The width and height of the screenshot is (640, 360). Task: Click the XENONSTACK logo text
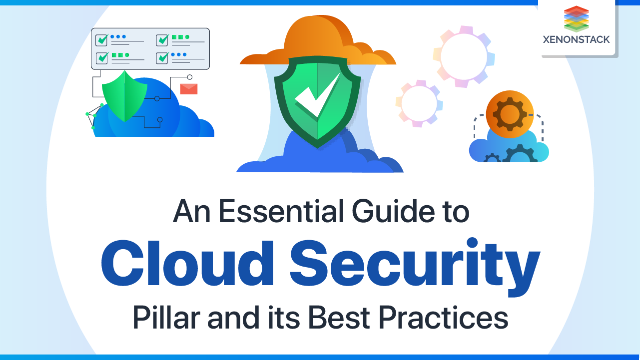(576, 39)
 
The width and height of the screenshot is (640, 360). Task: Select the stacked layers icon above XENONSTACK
(576, 19)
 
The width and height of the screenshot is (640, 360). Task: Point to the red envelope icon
(189, 89)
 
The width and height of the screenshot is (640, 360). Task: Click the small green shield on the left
(124, 95)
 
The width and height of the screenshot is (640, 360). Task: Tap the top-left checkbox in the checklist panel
(102, 39)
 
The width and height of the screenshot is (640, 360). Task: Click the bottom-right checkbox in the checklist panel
(163, 57)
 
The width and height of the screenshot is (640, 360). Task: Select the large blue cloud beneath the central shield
(320, 155)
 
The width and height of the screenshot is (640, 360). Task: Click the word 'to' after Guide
(454, 212)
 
